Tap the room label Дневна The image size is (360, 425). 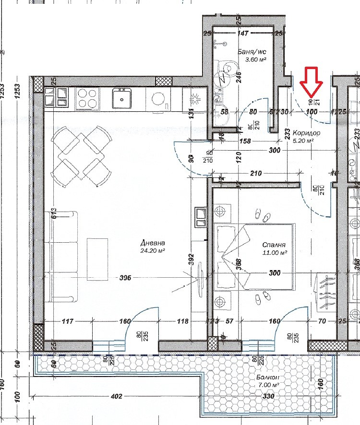(153, 243)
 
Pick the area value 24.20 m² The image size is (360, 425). (153, 250)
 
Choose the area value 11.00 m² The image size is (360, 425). (275, 252)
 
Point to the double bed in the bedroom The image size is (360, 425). (254, 257)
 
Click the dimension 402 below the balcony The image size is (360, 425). (116, 396)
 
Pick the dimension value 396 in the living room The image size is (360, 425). (126, 278)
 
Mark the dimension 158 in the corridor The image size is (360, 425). (245, 142)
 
